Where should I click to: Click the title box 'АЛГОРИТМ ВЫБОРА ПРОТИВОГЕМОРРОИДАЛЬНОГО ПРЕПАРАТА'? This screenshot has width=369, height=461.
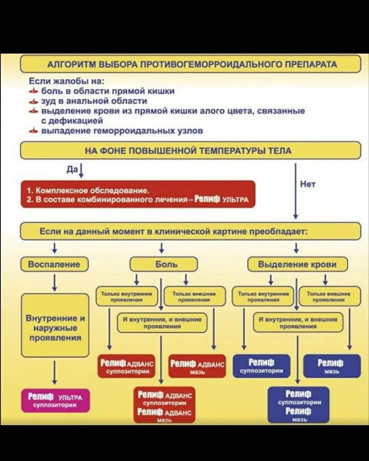[x=190, y=64]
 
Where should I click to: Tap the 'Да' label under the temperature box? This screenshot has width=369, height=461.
[x=72, y=170]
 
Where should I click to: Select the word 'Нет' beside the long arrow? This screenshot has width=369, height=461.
[x=307, y=184]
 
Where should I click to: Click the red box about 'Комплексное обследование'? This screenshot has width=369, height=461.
[x=138, y=194]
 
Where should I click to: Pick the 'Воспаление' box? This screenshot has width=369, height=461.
[x=54, y=264]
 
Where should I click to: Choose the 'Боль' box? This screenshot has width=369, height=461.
[x=164, y=264]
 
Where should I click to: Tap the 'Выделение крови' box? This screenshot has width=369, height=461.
[x=297, y=264]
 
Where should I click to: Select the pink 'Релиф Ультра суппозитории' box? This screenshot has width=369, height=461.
[x=55, y=401]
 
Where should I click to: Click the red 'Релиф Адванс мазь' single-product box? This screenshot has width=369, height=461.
[x=197, y=366]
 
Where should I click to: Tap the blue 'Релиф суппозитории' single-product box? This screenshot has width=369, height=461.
[x=261, y=366]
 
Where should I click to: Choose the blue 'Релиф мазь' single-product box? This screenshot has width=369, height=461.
[x=332, y=366]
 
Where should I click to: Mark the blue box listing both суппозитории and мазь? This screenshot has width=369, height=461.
[x=298, y=405]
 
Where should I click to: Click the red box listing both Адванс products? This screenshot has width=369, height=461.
[x=164, y=405]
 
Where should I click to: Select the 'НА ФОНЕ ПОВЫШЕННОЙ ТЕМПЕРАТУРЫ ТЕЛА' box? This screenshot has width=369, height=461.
[x=190, y=151]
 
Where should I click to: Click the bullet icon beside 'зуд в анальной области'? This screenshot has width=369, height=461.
[x=33, y=101]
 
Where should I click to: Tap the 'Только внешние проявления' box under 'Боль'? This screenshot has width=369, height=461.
[x=194, y=296]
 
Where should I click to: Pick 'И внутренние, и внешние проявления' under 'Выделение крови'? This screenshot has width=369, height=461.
[x=298, y=322]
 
